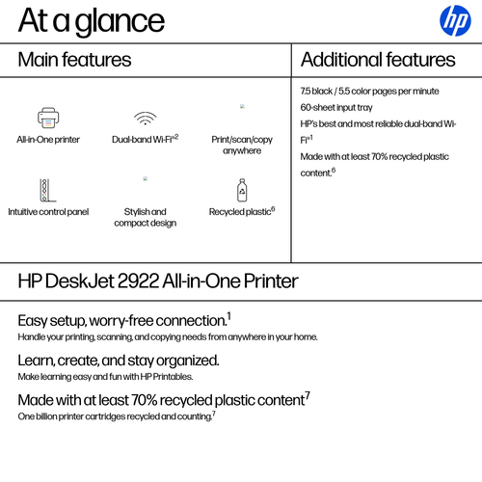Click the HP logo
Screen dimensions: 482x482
(x=454, y=19)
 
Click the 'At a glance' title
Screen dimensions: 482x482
(x=92, y=20)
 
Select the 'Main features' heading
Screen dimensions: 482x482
(x=75, y=60)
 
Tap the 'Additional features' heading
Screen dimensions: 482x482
(x=378, y=60)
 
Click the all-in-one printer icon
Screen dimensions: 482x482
(x=48, y=118)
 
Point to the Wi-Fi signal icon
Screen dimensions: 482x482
(x=145, y=118)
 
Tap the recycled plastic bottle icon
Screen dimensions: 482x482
(x=242, y=189)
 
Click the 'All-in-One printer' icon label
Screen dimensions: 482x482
(x=48, y=140)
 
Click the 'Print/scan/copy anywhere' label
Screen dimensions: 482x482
(x=242, y=145)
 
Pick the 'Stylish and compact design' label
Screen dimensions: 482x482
(x=145, y=217)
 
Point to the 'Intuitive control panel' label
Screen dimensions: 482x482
(x=48, y=211)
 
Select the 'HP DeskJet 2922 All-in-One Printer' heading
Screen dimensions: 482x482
(x=158, y=281)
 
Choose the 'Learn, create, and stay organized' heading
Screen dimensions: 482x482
(x=119, y=360)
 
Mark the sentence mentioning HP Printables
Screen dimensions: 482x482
(x=105, y=377)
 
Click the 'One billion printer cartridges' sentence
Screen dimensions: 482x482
(x=117, y=415)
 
